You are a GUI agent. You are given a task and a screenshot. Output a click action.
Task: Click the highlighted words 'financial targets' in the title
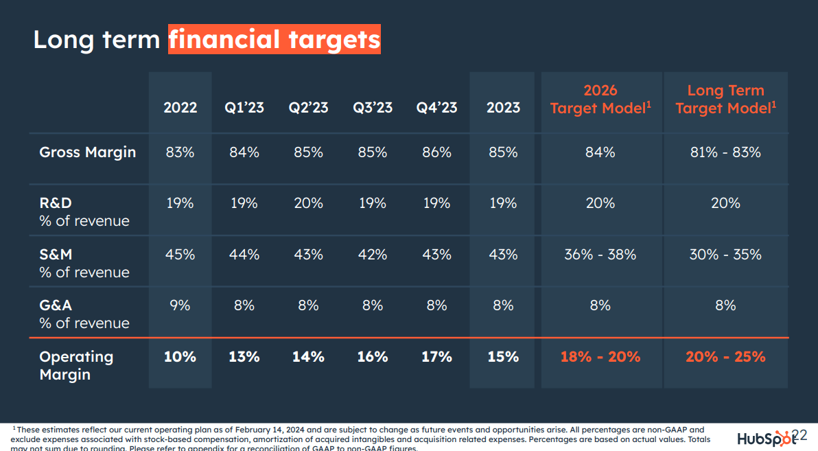[274, 39]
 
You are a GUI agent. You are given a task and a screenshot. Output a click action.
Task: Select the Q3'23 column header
[373, 108]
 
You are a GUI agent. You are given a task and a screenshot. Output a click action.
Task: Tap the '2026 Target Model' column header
[600, 100]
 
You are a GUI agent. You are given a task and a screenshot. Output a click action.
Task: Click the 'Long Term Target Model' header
[725, 100]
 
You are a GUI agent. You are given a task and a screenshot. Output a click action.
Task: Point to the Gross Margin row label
[87, 152]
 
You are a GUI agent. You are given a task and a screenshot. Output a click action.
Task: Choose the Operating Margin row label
[76, 365]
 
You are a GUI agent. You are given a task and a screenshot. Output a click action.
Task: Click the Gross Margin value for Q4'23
[436, 152]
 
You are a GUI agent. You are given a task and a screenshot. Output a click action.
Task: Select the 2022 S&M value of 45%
[180, 255]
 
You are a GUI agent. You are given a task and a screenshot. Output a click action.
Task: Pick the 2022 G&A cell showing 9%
[180, 305]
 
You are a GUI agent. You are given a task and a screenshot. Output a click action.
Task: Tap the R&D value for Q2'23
[308, 203]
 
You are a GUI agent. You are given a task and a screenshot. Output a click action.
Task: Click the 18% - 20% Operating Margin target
[600, 357]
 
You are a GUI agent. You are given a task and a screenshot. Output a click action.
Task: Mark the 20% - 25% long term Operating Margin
[725, 357]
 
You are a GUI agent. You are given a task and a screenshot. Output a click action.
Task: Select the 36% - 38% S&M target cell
[600, 255]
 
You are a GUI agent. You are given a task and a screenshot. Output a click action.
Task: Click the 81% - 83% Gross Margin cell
[725, 152]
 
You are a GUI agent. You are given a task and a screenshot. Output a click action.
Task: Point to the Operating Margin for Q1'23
[244, 357]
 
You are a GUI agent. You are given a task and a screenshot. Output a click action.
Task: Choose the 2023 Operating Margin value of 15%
[502, 357]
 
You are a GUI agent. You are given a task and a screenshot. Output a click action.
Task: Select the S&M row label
[56, 255]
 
